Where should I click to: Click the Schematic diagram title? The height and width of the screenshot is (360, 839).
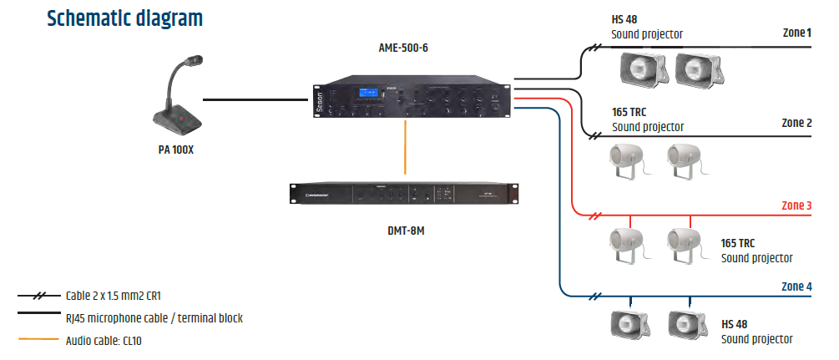point(124,18)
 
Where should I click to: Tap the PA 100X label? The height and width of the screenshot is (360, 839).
point(175,150)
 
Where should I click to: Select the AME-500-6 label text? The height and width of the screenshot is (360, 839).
point(403,48)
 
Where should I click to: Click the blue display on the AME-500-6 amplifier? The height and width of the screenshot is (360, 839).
point(367,94)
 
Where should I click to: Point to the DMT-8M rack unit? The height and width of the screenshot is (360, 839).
point(404,194)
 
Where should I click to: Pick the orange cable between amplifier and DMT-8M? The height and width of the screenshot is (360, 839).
point(405,147)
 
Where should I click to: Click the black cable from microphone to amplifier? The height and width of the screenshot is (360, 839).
point(255,99)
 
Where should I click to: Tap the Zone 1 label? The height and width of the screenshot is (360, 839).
point(796,33)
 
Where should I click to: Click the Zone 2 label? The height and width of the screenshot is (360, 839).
point(796,124)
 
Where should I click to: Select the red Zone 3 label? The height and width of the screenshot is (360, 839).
point(796,205)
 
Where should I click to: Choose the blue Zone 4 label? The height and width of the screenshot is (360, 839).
point(796,286)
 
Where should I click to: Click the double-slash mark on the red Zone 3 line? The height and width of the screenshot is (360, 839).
point(595,215)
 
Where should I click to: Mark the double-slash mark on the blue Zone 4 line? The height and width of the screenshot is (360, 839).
point(595,297)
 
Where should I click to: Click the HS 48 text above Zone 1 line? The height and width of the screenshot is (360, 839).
point(624,20)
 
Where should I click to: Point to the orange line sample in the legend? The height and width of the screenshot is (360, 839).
point(38,339)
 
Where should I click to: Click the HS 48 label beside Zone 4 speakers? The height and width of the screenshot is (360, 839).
point(734,325)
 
